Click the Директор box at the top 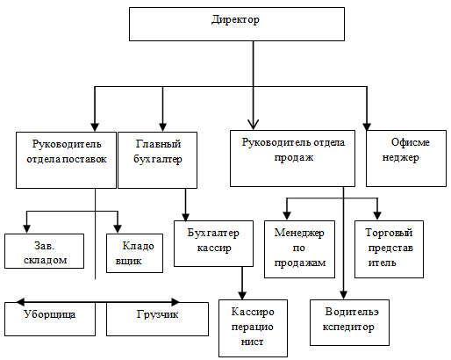(x=237, y=24)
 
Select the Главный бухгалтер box (x=157, y=160)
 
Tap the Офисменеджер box (x=406, y=158)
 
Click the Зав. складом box (x=44, y=251)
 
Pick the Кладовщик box (x=134, y=253)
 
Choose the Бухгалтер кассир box (x=213, y=243)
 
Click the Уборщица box (x=50, y=319)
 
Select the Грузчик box (x=157, y=319)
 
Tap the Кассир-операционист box (x=253, y=328)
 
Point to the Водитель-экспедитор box (x=349, y=322)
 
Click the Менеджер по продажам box (x=299, y=249)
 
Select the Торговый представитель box (x=389, y=249)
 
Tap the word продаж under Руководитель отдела (x=294, y=157)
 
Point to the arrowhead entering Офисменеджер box (x=367, y=126)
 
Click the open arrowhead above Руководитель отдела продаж (x=253, y=125)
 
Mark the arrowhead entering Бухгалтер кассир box (x=185, y=217)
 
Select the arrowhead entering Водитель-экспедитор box (x=344, y=295)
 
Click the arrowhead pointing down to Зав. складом (x=26, y=229)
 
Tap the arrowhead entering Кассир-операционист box (x=242, y=296)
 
